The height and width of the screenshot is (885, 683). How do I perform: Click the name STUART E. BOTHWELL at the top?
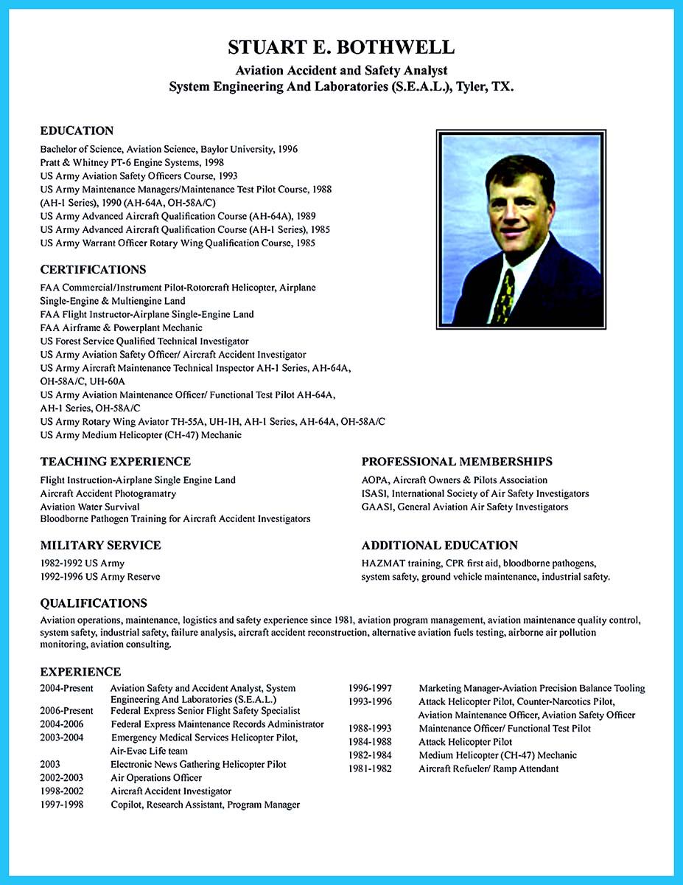click(x=341, y=48)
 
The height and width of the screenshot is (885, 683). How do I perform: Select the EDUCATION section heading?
click(x=77, y=131)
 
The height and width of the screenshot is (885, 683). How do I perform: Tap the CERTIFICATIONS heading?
click(x=93, y=269)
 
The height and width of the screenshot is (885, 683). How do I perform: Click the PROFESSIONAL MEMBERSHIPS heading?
click(x=457, y=462)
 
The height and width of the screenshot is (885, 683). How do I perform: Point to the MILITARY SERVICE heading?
click(x=100, y=546)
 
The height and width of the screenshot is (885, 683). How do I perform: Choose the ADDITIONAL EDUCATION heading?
click(x=439, y=546)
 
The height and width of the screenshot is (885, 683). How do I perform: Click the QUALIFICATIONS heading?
click(x=94, y=603)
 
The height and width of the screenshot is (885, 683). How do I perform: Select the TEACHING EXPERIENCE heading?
click(x=115, y=462)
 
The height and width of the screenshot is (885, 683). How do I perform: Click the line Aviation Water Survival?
click(x=90, y=507)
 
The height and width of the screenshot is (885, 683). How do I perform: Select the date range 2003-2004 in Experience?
click(x=63, y=737)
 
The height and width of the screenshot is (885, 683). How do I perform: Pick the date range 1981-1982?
click(x=370, y=768)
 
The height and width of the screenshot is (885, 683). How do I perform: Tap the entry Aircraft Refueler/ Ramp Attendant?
click(x=488, y=768)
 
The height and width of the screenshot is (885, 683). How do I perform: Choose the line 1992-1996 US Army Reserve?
click(x=100, y=577)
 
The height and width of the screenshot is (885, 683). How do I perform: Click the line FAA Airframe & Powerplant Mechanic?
click(x=122, y=327)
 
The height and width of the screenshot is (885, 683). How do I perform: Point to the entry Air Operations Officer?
click(x=156, y=777)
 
